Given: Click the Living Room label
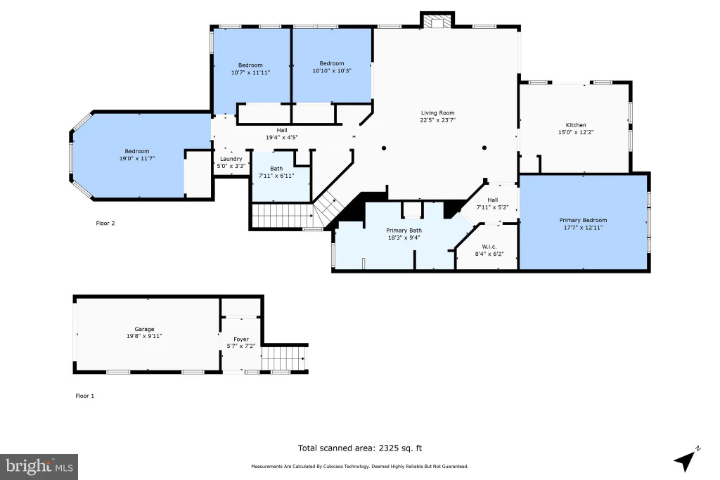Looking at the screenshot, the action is tap(437, 113).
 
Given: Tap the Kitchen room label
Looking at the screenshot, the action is tap(576, 125).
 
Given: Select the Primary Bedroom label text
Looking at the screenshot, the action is tap(583, 220).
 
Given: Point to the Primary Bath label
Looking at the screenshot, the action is tap(404, 231).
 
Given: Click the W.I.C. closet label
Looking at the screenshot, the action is tap(489, 247).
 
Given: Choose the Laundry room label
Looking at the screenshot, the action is tap(231, 159).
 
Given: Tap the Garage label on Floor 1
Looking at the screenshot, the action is tap(144, 329).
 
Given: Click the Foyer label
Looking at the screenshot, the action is tap(241, 339).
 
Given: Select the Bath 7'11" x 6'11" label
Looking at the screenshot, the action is tap(276, 172).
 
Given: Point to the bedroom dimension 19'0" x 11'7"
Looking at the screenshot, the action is tap(137, 159).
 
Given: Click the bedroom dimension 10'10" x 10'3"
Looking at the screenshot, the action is tap(332, 71).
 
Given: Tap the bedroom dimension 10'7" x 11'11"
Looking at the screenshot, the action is tap(251, 72).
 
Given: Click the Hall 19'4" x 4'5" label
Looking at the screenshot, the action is tap(282, 134).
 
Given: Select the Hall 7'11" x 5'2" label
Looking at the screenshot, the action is tap(493, 204).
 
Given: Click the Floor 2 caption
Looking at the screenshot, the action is tap(105, 223).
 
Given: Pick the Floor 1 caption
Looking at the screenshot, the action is tap(85, 396).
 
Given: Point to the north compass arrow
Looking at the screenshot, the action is tap(686, 459).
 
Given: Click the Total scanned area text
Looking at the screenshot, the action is tap(360, 448).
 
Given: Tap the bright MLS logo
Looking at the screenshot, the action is tap(39, 467).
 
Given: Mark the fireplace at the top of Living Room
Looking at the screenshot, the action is tap(437, 20).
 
